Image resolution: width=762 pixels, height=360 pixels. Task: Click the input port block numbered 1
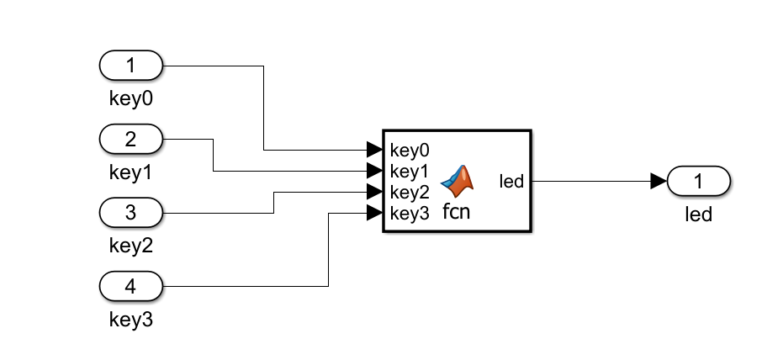[130, 65]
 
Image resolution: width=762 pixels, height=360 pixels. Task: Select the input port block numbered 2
[130, 139]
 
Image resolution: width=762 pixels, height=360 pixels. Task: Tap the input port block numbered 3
[130, 212]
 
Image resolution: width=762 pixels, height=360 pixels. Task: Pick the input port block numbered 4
[130, 286]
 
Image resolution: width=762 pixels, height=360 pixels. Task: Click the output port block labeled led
[698, 181]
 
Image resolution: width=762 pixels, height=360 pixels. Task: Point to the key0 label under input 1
[130, 98]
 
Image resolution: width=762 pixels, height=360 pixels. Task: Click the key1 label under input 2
[130, 172]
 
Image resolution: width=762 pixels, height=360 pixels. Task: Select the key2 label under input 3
[130, 246]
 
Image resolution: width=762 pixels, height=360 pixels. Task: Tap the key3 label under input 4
[130, 320]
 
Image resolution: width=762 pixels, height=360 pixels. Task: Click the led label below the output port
[698, 214]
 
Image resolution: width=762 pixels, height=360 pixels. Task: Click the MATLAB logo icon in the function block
[457, 177]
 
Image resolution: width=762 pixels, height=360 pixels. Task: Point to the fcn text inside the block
[457, 212]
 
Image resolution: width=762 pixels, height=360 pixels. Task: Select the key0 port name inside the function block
[410, 151]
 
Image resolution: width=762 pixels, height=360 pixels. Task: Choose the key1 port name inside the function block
[410, 172]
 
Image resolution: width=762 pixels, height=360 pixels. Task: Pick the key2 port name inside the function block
[410, 193]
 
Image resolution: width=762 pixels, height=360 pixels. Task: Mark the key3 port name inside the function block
[410, 214]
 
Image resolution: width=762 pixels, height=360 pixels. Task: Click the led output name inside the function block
[511, 181]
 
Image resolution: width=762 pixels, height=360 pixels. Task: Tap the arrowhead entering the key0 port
[374, 150]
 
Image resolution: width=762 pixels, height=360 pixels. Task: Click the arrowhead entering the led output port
[659, 181]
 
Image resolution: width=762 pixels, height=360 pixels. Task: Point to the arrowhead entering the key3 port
[374, 212]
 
